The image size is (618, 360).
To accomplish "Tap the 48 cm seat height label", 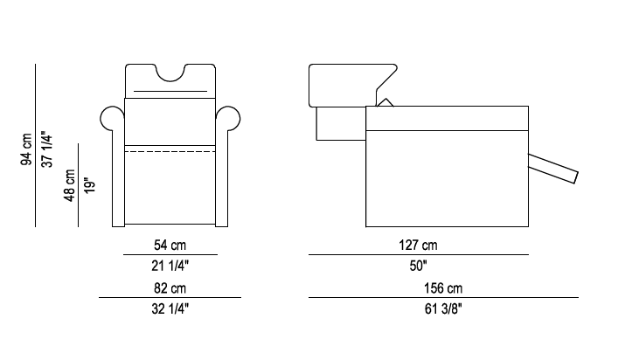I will (x=70, y=185).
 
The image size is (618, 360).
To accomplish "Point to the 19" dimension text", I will (x=88, y=185).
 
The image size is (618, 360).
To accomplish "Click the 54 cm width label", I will (x=170, y=245).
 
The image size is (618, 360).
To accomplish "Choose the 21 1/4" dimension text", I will (x=170, y=264).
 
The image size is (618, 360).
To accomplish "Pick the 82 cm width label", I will (x=170, y=287).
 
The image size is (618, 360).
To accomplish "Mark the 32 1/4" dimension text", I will (x=170, y=308).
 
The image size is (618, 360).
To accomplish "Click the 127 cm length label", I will (x=418, y=245).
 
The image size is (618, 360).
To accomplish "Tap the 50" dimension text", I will (x=418, y=264).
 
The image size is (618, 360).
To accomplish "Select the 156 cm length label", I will (x=443, y=287).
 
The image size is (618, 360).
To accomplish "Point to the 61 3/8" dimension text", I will (x=443, y=308).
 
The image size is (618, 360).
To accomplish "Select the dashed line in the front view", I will (x=170, y=151).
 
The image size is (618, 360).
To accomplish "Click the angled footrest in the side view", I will (x=554, y=167).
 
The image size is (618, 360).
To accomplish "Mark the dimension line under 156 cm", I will (x=443, y=298).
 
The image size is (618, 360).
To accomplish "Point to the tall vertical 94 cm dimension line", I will (x=36, y=145).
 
